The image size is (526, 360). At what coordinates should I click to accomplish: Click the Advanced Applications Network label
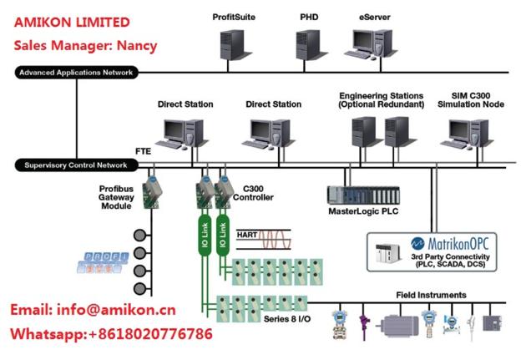click(x=75, y=73)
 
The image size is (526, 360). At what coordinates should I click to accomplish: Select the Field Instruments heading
click(x=430, y=295)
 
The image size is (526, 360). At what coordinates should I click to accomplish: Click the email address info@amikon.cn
click(x=92, y=310)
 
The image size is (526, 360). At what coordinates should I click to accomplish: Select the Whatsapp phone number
click(x=150, y=334)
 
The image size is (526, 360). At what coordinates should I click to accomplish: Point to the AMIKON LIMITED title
click(x=71, y=21)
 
